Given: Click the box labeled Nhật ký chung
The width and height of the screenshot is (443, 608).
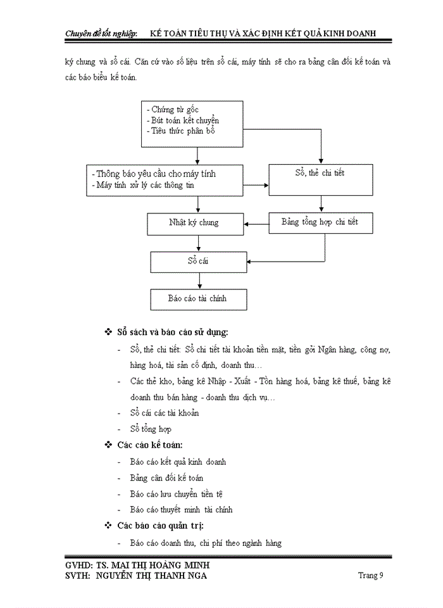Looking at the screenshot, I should (x=193, y=223).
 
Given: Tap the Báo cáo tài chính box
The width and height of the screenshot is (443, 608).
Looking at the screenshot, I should (x=197, y=298).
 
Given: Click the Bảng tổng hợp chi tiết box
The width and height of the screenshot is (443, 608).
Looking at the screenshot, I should (x=319, y=222).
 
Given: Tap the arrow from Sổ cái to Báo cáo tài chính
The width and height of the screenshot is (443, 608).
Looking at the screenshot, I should (x=200, y=281).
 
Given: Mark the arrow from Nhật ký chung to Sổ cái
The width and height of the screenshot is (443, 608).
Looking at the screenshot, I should (x=200, y=243).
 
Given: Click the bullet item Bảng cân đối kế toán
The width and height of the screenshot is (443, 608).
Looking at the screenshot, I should (x=166, y=478).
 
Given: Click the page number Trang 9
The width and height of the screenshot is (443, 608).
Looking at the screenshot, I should (x=370, y=575).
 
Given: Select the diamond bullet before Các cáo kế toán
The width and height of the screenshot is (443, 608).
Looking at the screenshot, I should (x=108, y=445).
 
